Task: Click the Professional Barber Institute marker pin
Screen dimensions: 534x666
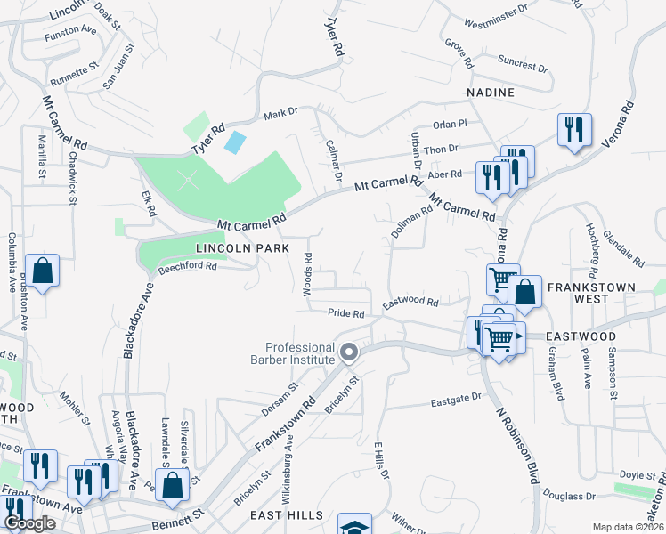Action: tap(349, 352)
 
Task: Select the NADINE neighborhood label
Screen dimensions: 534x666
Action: tap(490, 92)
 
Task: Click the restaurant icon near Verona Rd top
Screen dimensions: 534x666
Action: tap(574, 129)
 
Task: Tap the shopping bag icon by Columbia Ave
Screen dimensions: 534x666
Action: tap(42, 271)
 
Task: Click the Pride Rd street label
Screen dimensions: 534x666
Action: tap(346, 313)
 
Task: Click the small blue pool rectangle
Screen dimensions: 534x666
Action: tap(235, 141)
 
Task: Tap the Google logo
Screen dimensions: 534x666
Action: tap(29, 524)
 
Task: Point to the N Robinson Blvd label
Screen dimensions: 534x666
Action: tap(516, 441)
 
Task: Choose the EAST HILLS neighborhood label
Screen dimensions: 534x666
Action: tap(280, 516)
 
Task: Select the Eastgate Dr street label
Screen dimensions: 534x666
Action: tap(456, 400)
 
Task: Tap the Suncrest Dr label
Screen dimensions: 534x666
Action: tap(523, 66)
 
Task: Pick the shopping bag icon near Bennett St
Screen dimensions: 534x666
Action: tap(174, 485)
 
